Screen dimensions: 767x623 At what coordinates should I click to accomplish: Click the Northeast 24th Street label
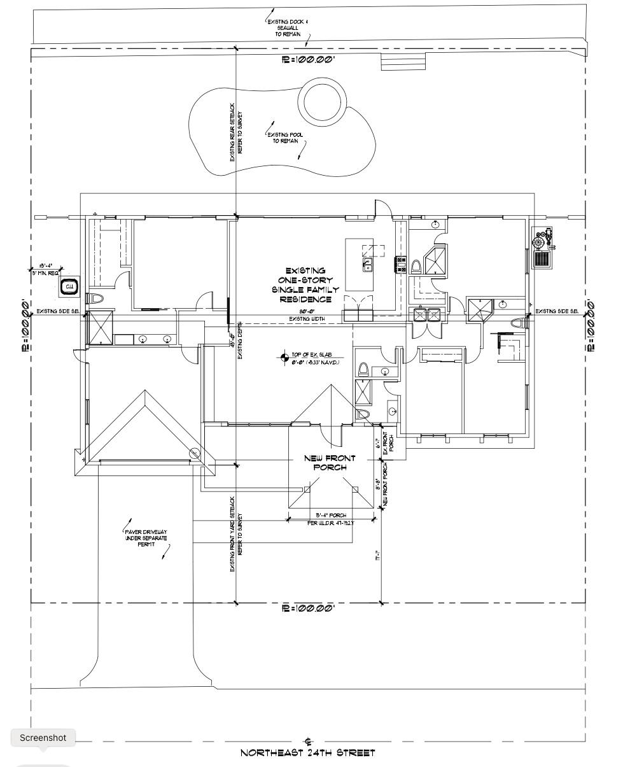pyautogui.click(x=308, y=753)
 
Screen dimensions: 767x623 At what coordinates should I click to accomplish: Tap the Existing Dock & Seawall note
pyautogui.click(x=288, y=27)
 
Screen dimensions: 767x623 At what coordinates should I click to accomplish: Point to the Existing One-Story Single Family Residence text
pyautogui.click(x=305, y=285)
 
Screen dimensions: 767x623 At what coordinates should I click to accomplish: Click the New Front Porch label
pyautogui.click(x=330, y=463)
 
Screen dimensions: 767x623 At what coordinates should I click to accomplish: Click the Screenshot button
pyautogui.click(x=43, y=738)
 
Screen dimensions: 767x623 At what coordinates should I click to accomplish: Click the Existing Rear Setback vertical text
pyautogui.click(x=235, y=132)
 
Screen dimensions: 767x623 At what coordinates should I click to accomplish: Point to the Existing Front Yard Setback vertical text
pyautogui.click(x=235, y=535)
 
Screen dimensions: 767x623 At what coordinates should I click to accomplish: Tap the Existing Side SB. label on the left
pyautogui.click(x=57, y=311)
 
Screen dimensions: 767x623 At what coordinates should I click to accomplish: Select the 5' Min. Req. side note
pyautogui.click(x=46, y=270)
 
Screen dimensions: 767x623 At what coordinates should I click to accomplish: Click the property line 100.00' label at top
pyautogui.click(x=308, y=59)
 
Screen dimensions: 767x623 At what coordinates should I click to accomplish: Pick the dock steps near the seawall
pyautogui.click(x=403, y=61)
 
